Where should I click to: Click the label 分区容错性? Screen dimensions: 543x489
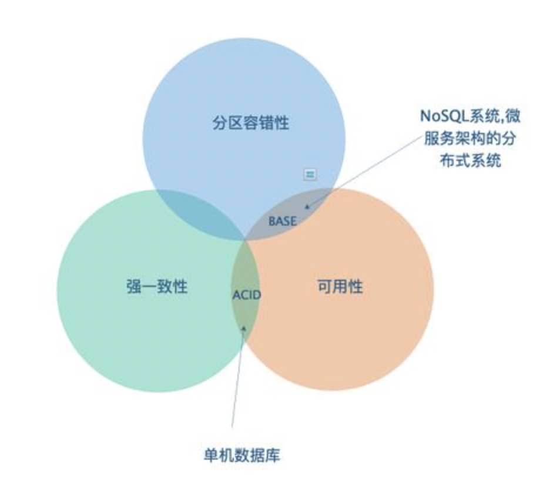tap(251, 123)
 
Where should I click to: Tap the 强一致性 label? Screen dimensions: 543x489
tap(157, 287)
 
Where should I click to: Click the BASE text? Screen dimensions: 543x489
tap(283, 221)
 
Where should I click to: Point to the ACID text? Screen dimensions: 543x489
tap(247, 294)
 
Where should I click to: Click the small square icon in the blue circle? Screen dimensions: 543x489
tap(310, 174)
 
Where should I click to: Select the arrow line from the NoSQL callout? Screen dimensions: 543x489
tap(364, 170)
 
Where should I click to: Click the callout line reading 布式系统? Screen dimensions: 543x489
tap(470, 160)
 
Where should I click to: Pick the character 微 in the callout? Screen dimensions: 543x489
tap(512, 115)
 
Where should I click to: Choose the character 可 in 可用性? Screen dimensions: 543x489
tap(324, 287)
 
